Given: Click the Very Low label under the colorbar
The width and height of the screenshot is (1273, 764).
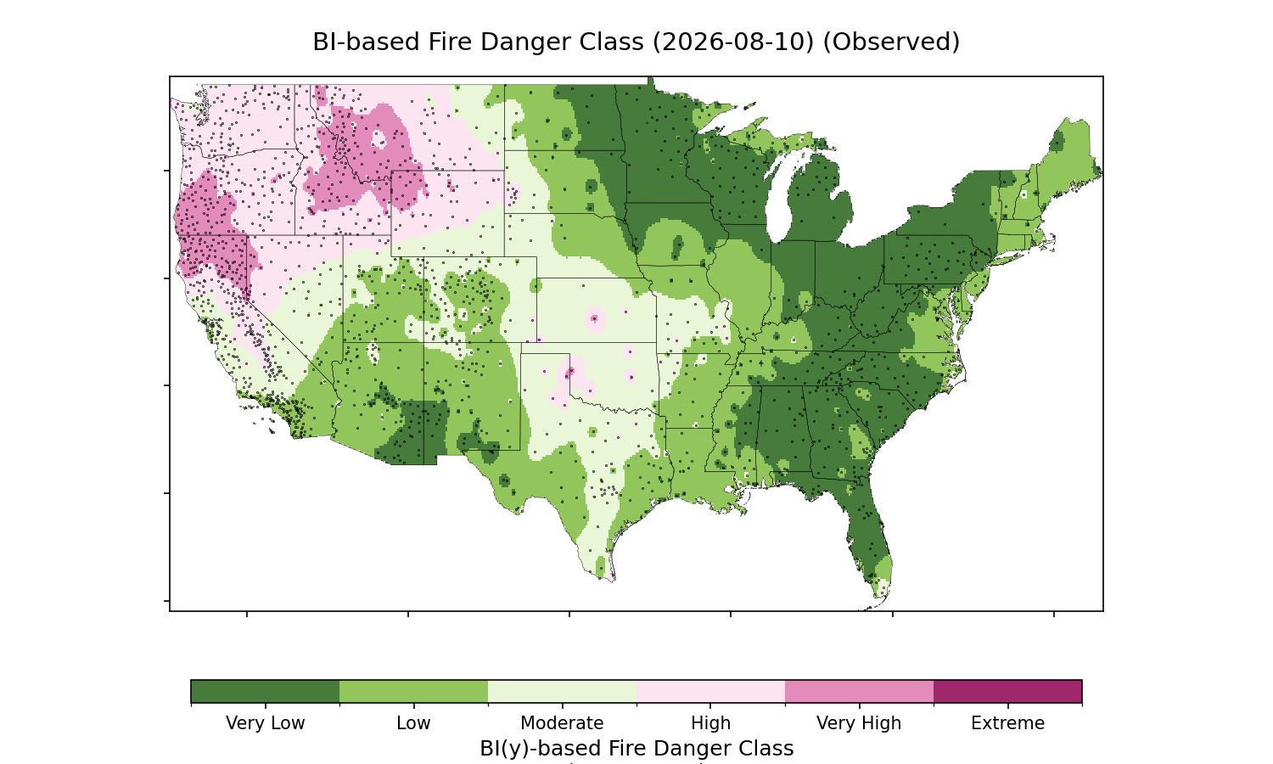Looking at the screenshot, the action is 265,723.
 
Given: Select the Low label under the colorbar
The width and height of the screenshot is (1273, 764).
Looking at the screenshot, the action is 413,723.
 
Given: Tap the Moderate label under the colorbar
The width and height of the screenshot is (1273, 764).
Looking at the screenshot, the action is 562,723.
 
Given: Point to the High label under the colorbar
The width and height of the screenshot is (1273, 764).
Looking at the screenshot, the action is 710,723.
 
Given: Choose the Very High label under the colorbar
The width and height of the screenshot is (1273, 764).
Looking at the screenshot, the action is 859,723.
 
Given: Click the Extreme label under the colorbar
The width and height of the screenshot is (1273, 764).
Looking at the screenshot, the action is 1007,723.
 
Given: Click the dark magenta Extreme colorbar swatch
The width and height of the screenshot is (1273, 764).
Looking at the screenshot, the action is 1007,691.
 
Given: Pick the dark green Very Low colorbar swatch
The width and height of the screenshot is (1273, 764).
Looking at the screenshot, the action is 266,691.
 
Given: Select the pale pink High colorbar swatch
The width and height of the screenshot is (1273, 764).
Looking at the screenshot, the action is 710,691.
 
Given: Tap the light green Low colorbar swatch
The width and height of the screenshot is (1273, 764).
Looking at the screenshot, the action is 414,691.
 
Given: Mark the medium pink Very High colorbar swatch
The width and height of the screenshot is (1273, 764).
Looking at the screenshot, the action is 859,691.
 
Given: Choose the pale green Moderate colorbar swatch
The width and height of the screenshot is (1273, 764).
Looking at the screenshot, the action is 562,691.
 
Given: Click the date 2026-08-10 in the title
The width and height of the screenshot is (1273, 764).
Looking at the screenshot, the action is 733,42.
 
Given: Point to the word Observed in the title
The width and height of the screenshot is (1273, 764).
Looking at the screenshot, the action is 891,42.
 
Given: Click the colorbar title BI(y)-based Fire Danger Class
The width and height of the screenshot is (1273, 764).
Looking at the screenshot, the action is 636,749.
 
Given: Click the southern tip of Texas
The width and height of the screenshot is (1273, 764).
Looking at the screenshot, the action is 613,581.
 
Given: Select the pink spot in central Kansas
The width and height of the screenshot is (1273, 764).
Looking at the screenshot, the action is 594,319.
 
